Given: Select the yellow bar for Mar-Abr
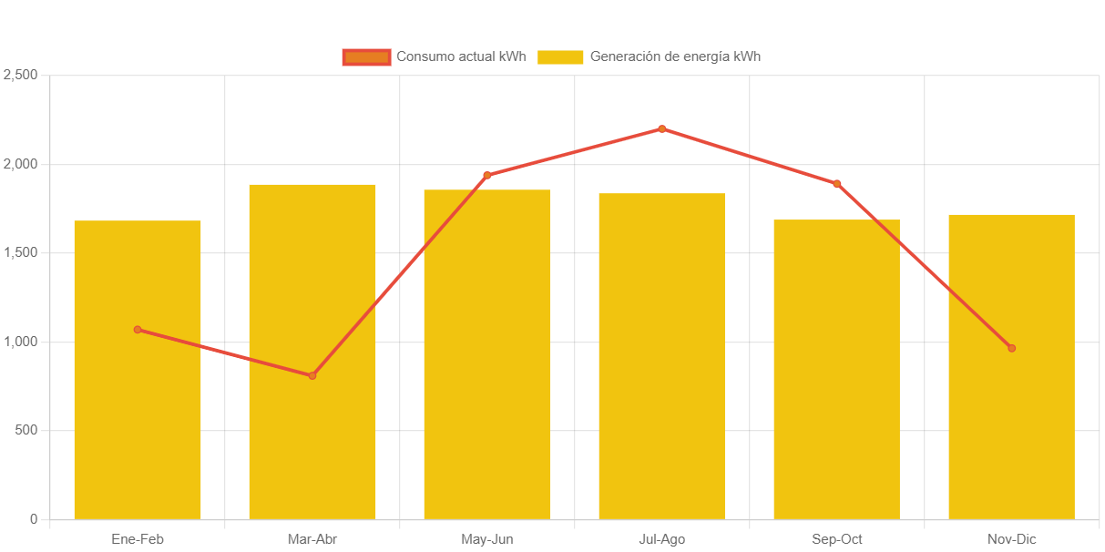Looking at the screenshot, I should (x=312, y=437).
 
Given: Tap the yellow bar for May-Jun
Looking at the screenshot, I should (x=487, y=364).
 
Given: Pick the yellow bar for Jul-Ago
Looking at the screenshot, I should (x=662, y=364).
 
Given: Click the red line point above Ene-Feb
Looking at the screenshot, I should (x=138, y=330).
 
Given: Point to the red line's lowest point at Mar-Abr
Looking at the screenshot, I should (x=312, y=375).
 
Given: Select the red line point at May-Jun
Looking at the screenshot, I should (x=487, y=175).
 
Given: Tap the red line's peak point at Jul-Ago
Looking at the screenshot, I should (x=662, y=128).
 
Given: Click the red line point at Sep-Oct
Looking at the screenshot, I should (x=837, y=184).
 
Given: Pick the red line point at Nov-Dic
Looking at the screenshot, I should (x=1011, y=348).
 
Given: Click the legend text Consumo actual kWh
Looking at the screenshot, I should (x=461, y=56).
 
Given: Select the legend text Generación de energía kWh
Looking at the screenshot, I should (x=675, y=56).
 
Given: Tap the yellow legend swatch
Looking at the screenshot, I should (x=559, y=56).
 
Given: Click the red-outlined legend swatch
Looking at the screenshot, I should (x=366, y=56).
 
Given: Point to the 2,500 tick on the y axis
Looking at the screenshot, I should (x=20, y=74).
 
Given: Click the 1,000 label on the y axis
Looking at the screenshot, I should (x=20, y=341).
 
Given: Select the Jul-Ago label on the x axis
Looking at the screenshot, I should (x=662, y=539).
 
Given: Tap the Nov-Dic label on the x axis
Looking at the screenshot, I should (x=1011, y=539).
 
